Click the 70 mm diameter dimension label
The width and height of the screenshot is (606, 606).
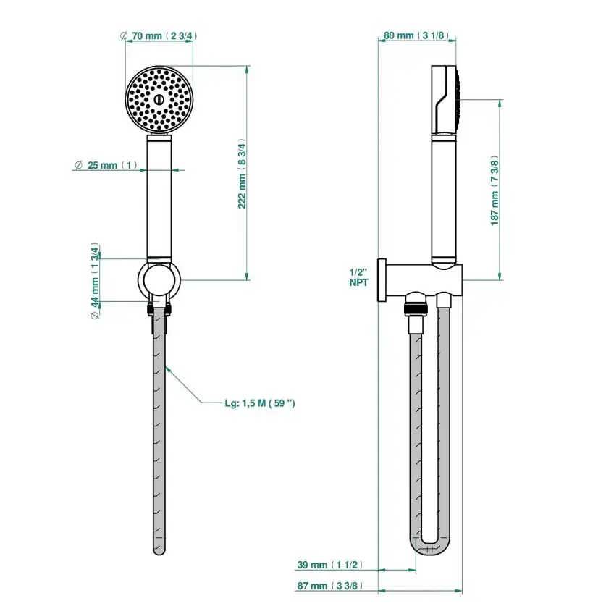(159, 36)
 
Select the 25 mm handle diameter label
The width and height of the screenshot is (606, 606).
(106, 165)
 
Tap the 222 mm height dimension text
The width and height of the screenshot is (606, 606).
(242, 174)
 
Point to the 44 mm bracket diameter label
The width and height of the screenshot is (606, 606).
(95, 281)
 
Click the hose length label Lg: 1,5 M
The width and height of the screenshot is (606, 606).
(260, 403)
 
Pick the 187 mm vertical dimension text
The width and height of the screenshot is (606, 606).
(495, 190)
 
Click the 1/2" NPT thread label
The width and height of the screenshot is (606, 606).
(358, 277)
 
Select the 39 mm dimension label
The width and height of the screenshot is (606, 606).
(329, 565)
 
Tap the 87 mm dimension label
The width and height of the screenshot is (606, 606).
(329, 586)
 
